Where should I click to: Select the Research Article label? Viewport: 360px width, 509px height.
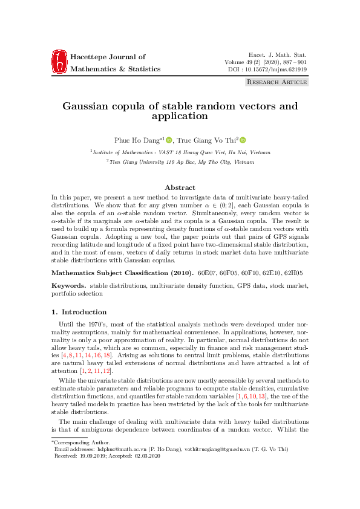point(277,82)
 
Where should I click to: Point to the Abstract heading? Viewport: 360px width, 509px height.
point(180,188)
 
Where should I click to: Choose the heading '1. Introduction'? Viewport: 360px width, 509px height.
point(79,312)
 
